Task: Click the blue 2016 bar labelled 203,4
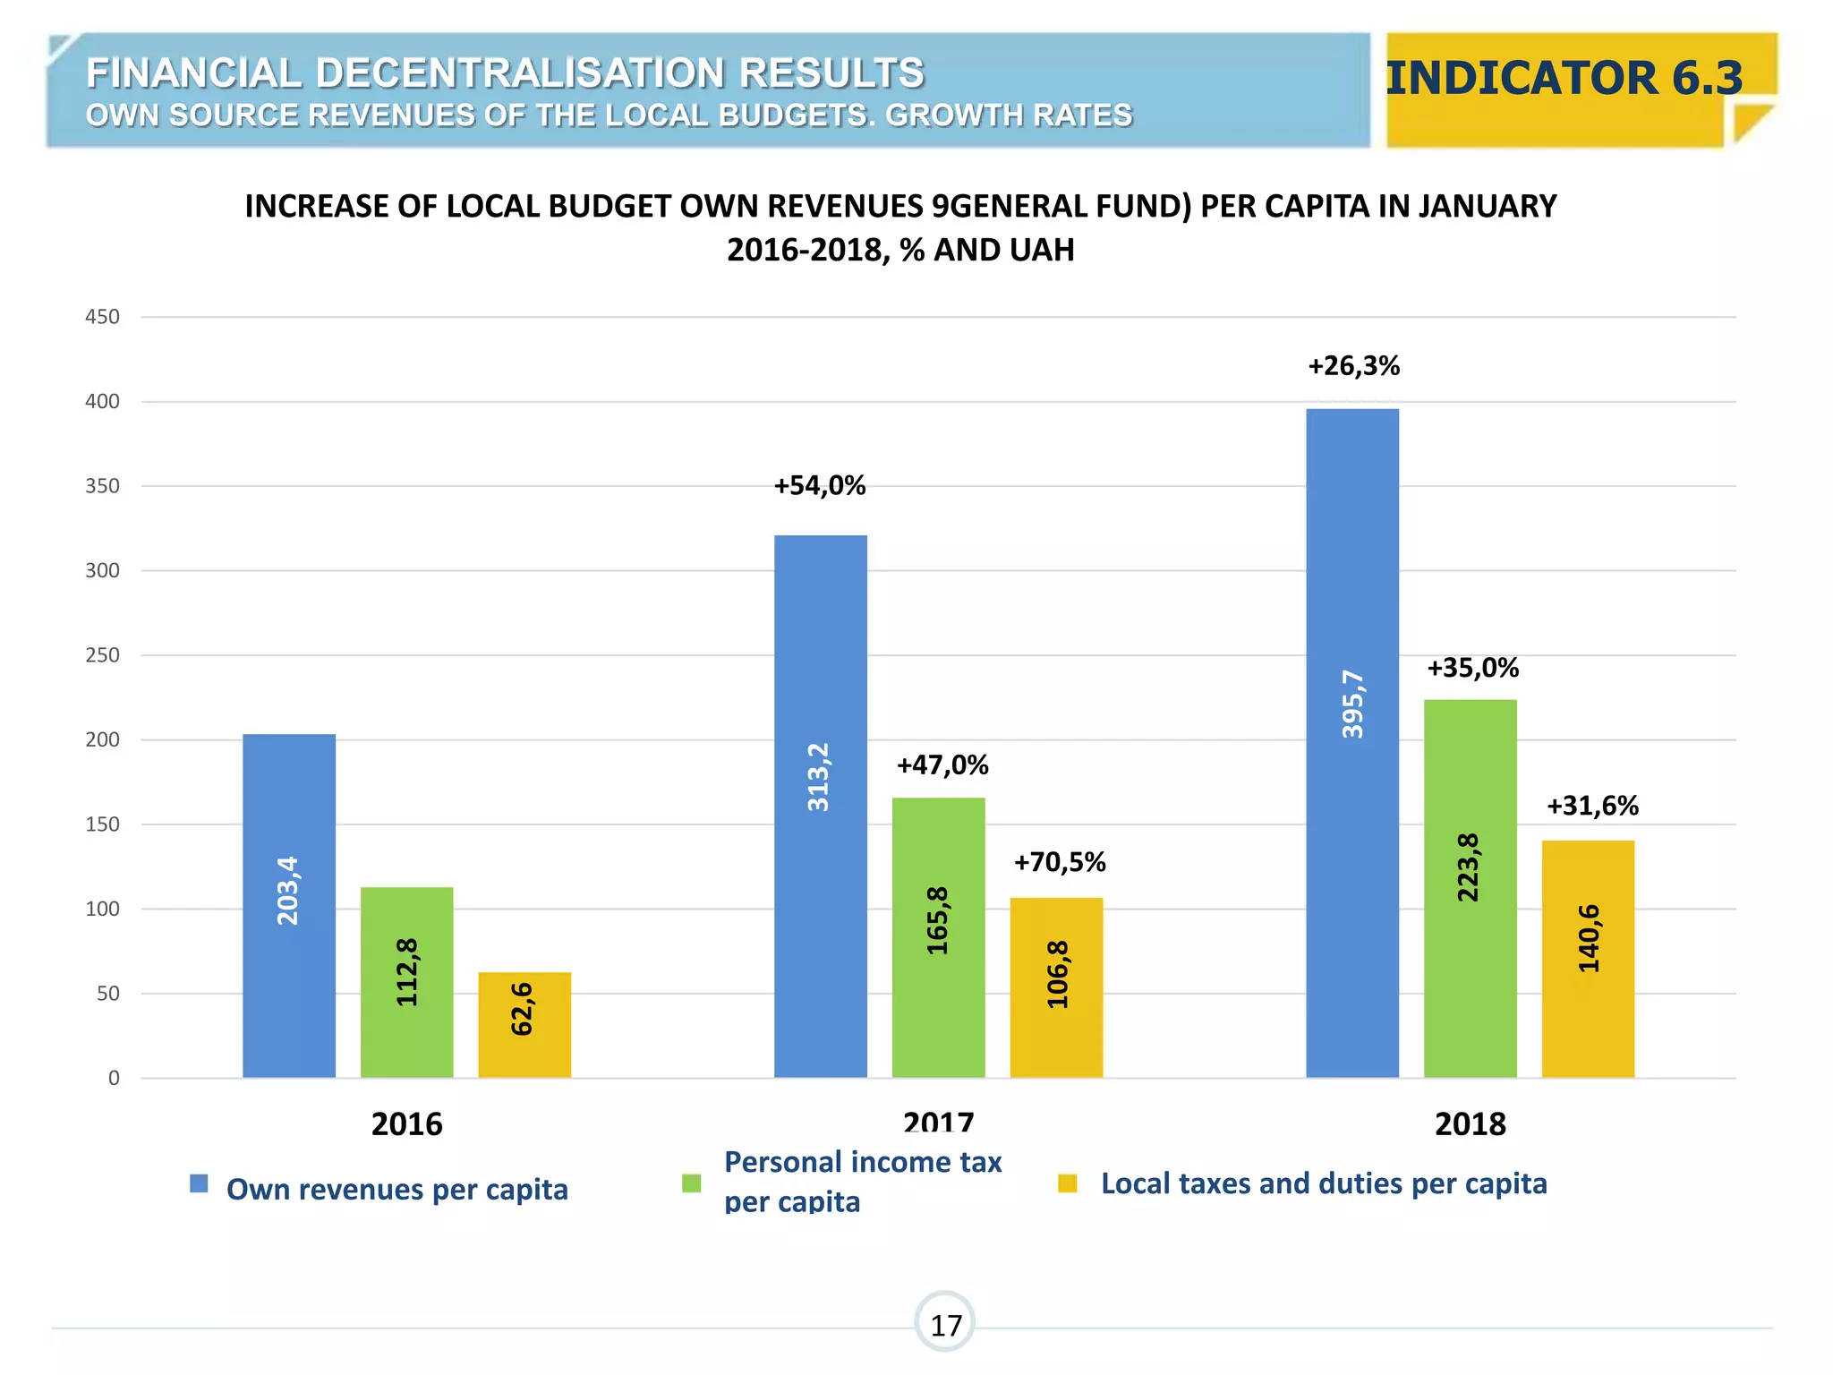tap(289, 904)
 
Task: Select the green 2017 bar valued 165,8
tap(938, 936)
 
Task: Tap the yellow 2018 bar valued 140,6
tap(1588, 958)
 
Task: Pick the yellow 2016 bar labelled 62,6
tap(524, 1024)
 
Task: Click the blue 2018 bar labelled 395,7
tap(1351, 743)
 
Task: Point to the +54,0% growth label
tap(820, 486)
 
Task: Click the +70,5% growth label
tap(1060, 862)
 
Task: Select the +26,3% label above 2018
tap(1353, 366)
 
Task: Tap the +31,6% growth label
tap(1592, 806)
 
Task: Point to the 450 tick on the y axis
tap(102, 317)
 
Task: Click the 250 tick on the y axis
tap(102, 655)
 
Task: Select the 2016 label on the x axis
tap(406, 1123)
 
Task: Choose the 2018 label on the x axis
tap(1470, 1123)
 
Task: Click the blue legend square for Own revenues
tap(199, 1184)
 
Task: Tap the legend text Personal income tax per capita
tap(862, 1181)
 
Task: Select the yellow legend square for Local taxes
tap(1067, 1183)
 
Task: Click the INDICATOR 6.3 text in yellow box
tap(1564, 78)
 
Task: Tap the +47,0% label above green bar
tap(942, 765)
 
